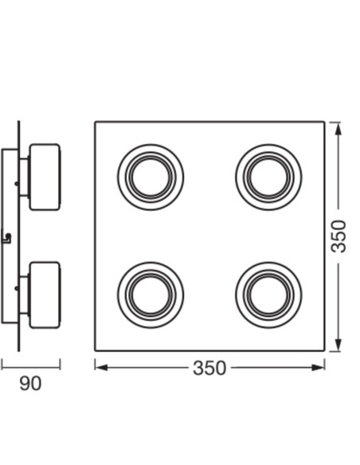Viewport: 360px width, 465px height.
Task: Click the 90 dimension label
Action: (30, 384)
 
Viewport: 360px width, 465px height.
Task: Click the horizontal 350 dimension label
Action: (209, 368)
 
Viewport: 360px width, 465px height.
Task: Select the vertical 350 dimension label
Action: (338, 236)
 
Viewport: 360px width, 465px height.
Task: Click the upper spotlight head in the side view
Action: (45, 177)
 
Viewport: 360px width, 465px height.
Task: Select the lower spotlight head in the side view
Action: (45, 295)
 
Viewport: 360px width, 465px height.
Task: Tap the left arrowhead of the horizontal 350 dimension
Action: (101, 368)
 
